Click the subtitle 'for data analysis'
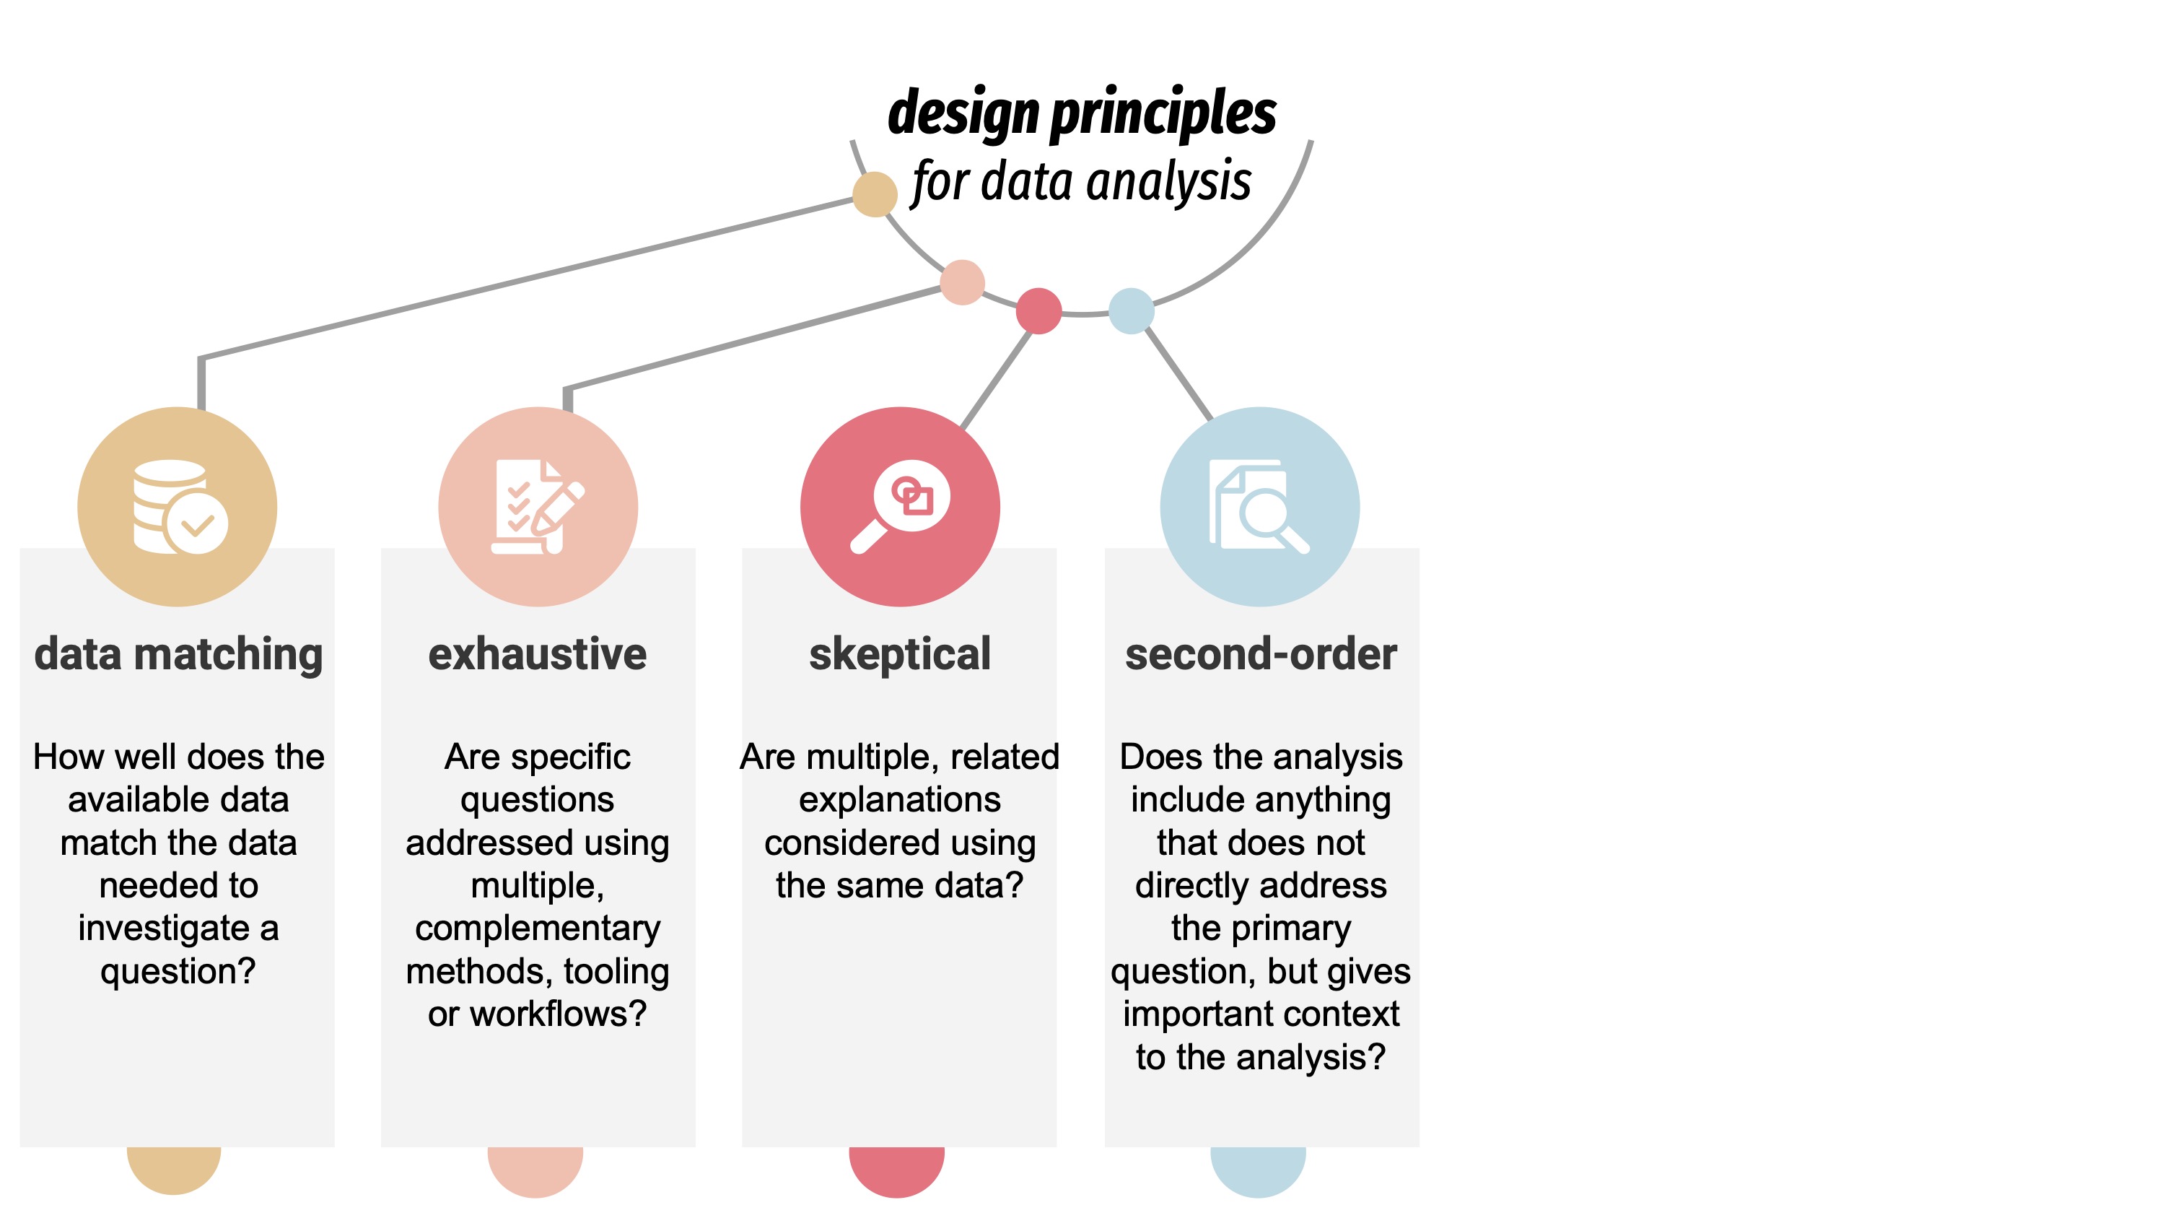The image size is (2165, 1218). [x=1082, y=181]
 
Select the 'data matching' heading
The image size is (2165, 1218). [x=178, y=654]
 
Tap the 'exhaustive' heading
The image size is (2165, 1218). [x=537, y=654]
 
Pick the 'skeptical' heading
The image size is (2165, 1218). [x=899, y=654]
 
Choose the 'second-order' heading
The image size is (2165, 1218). [x=1261, y=654]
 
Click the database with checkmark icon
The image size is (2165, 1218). [x=180, y=507]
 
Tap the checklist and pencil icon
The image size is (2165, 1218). [x=538, y=507]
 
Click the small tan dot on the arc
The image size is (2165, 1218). [x=875, y=194]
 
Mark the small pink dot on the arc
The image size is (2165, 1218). [x=962, y=282]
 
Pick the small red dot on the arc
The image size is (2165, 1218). [x=1038, y=311]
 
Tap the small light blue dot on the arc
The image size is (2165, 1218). [x=1132, y=311]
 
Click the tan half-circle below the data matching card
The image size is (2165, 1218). [x=174, y=1168]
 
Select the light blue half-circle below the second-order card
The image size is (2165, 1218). [x=1258, y=1170]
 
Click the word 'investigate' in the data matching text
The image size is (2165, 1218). [x=165, y=928]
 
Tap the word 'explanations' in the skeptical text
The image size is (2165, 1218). [x=899, y=800]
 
